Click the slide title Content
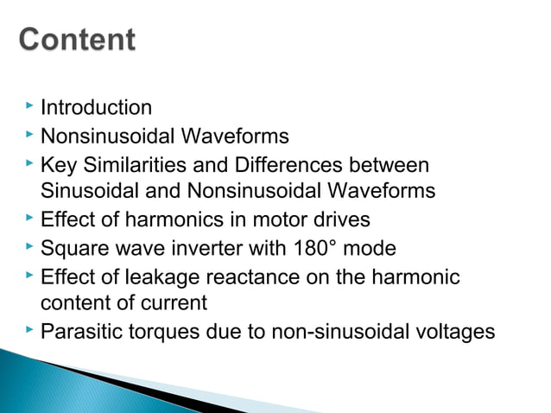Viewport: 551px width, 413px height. [x=78, y=41]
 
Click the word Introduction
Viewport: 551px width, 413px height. [x=97, y=108]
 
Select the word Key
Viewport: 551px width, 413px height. [x=58, y=164]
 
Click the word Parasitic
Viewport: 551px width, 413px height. [x=77, y=332]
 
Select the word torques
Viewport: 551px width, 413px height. [x=153, y=332]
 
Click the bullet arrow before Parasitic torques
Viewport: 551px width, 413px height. [x=29, y=329]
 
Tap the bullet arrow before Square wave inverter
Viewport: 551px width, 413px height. [x=29, y=246]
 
